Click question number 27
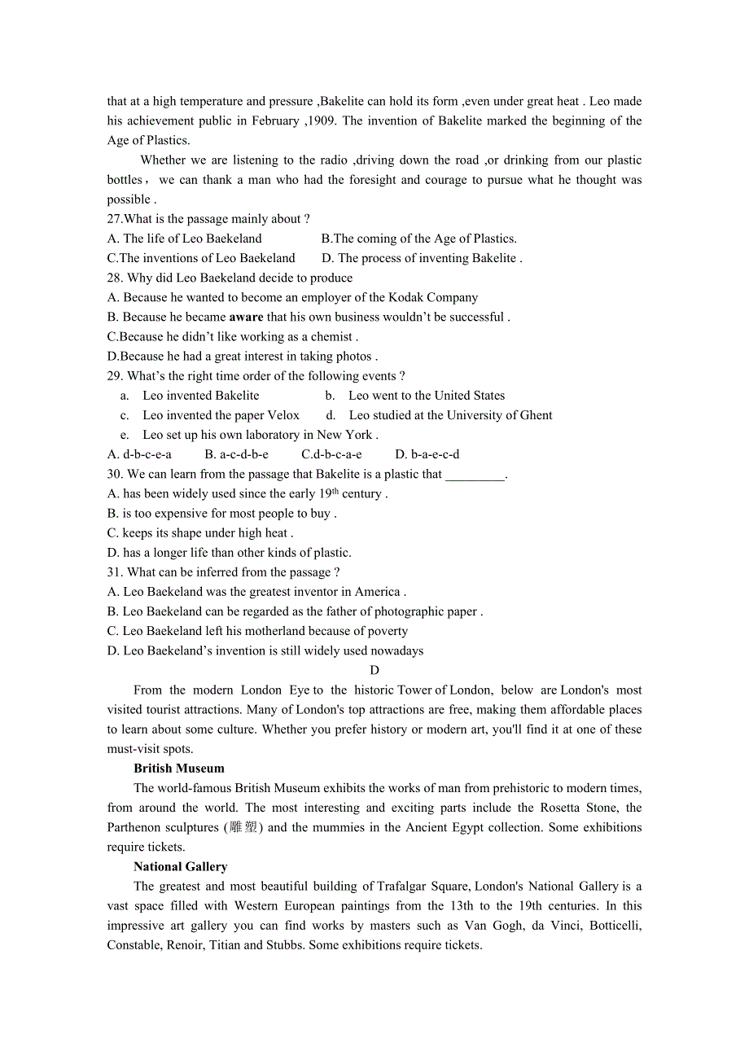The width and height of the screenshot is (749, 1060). (x=115, y=219)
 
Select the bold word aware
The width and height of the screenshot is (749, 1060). (x=246, y=318)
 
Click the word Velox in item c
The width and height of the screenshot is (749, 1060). (x=283, y=415)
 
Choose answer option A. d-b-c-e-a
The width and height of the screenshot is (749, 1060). (x=139, y=454)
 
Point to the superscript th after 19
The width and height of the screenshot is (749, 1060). (x=335, y=491)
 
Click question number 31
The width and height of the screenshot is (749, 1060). (x=115, y=572)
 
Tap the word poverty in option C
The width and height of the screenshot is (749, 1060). (x=385, y=631)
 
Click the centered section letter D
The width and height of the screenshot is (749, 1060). (x=374, y=670)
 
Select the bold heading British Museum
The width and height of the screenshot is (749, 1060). (x=179, y=769)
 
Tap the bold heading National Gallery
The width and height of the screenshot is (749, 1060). (x=181, y=867)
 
